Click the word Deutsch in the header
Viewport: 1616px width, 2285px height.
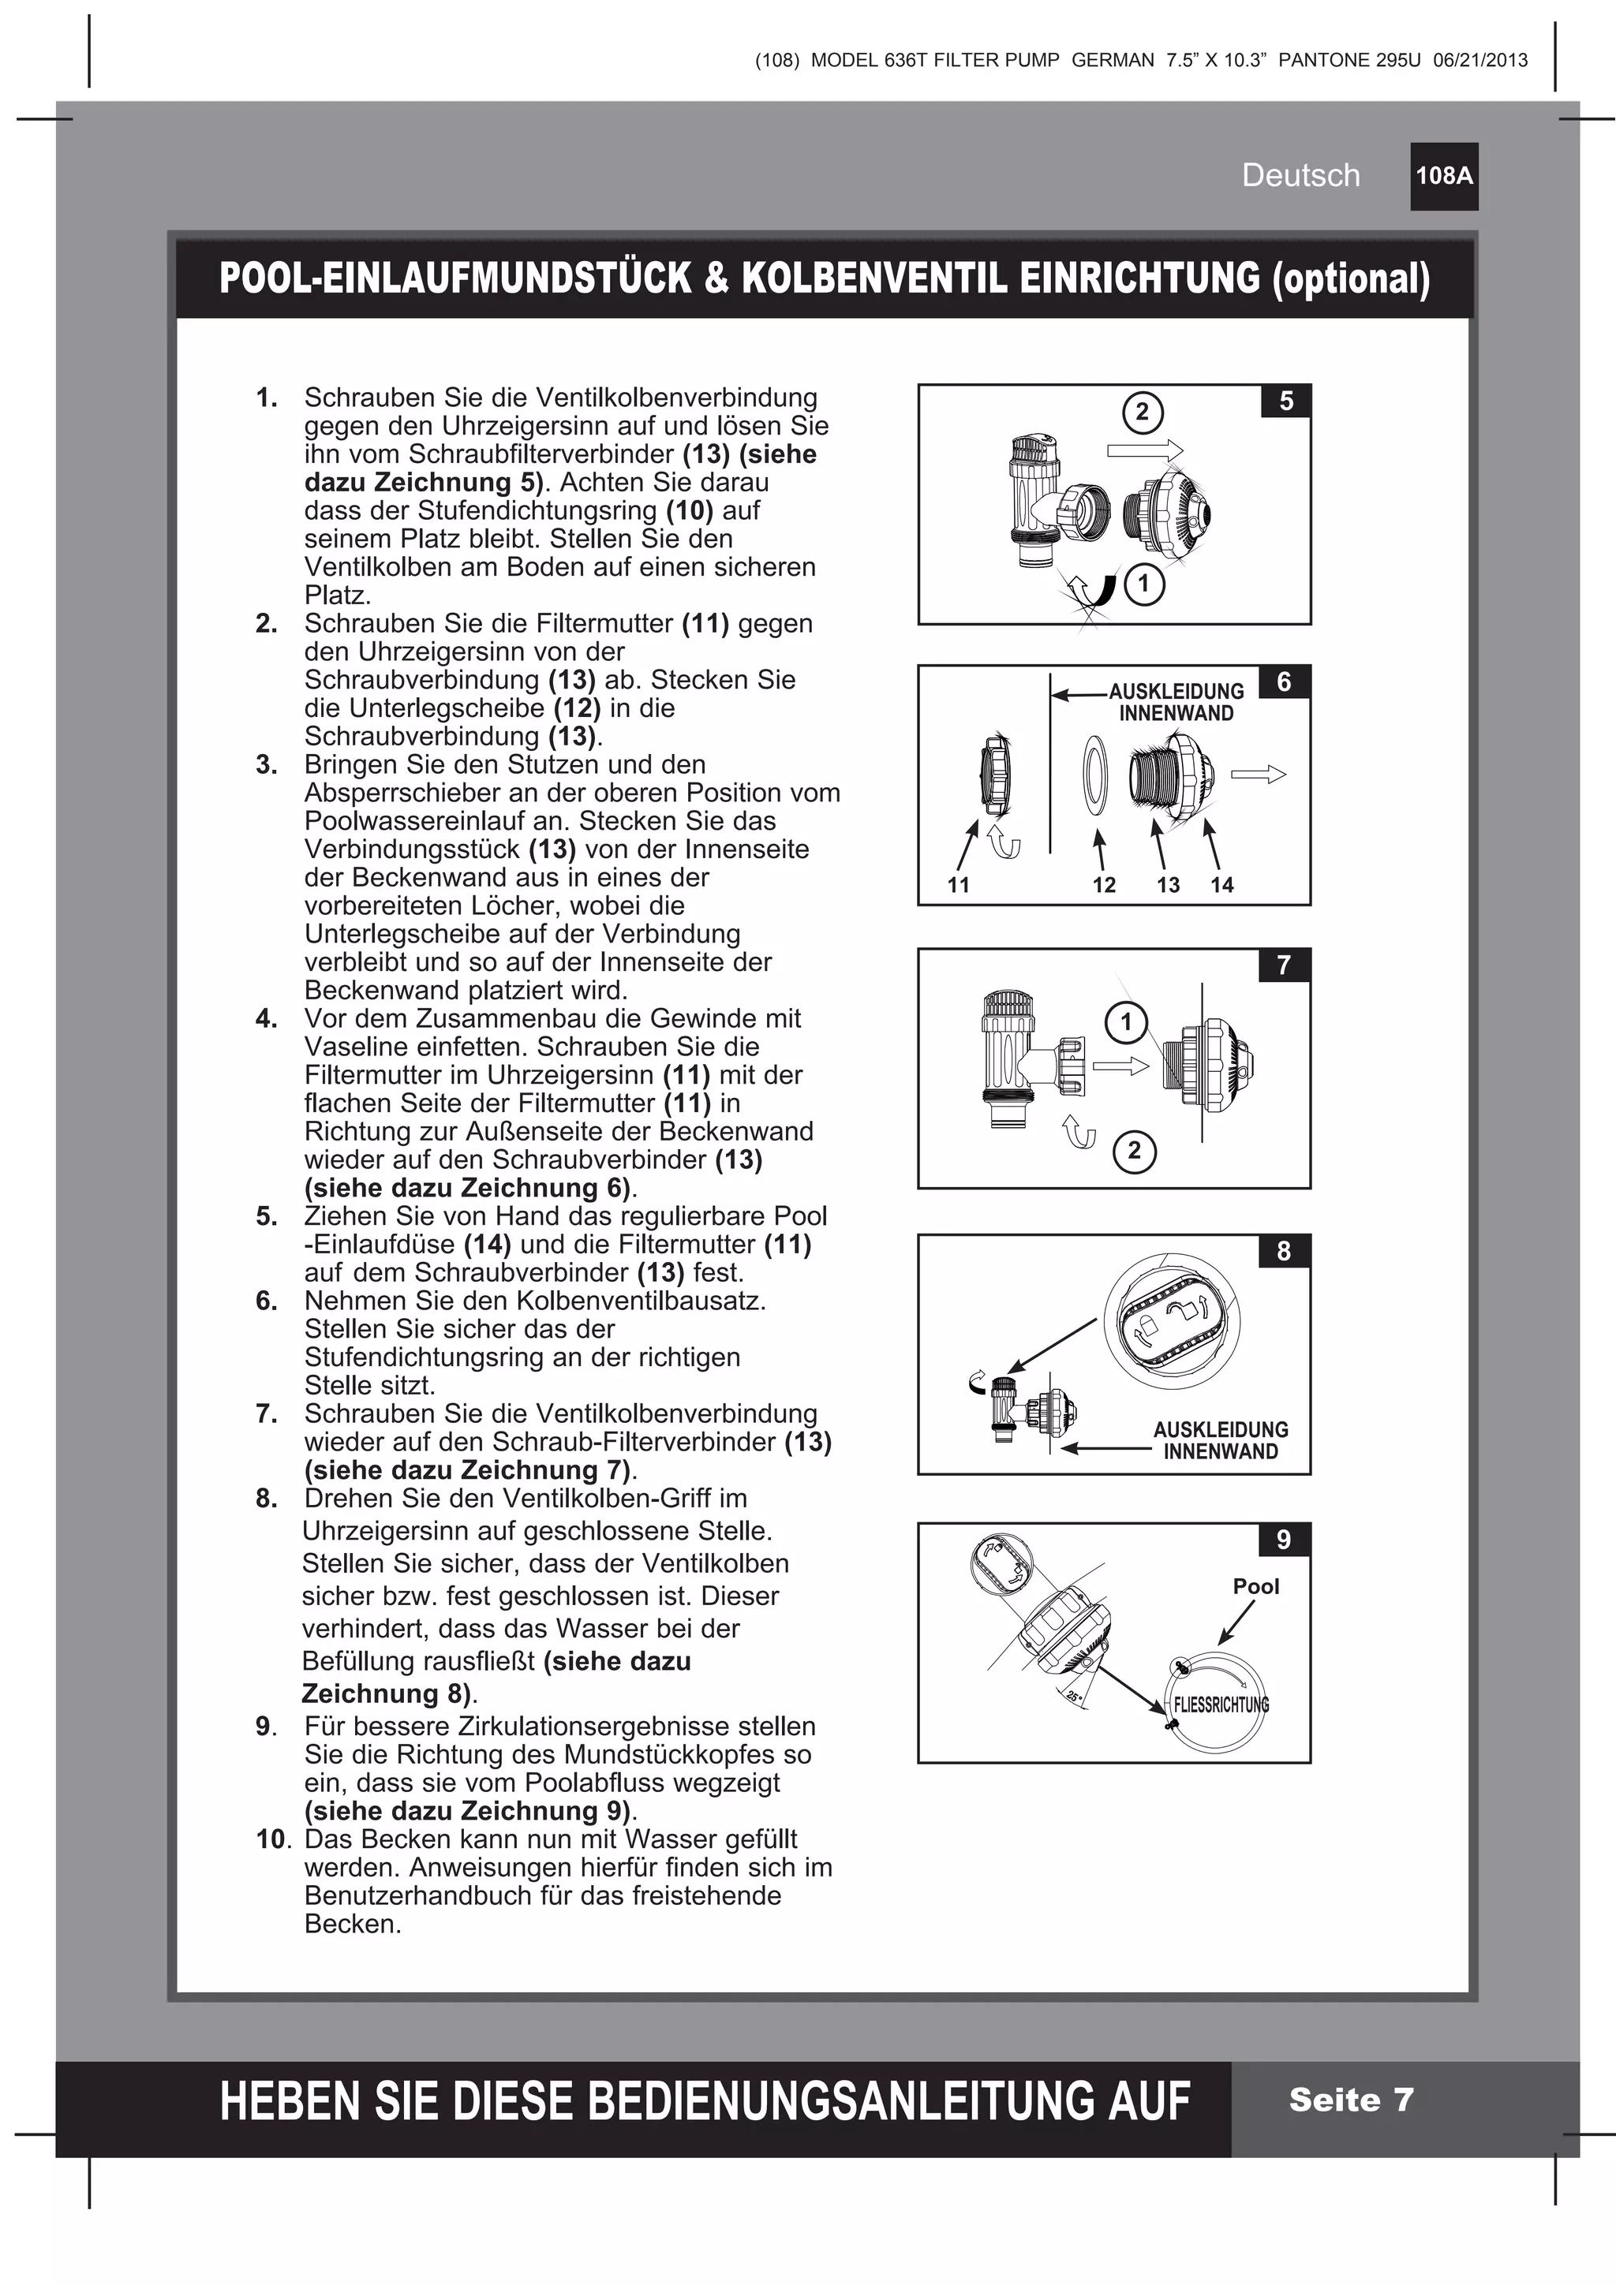[x=1300, y=175]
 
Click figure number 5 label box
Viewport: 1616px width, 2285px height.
[x=1285, y=401]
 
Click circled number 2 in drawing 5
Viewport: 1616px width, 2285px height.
[x=1142, y=412]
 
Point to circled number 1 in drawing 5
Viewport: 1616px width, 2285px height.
[x=1143, y=583]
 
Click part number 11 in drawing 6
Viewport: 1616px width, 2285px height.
[x=958, y=885]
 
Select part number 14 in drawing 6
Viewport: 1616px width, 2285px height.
[x=1221, y=885]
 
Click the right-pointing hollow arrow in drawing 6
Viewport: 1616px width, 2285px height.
[x=1258, y=775]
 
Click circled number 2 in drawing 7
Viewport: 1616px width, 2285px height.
[x=1134, y=1152]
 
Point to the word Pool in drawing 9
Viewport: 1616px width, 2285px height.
[x=1255, y=1586]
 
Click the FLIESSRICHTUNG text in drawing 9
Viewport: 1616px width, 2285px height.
[x=1221, y=1704]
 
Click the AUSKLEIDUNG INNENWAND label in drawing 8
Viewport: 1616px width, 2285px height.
[x=1220, y=1440]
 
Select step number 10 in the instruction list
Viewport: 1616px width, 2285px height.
[x=271, y=1839]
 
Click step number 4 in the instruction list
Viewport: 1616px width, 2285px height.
[x=266, y=1018]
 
